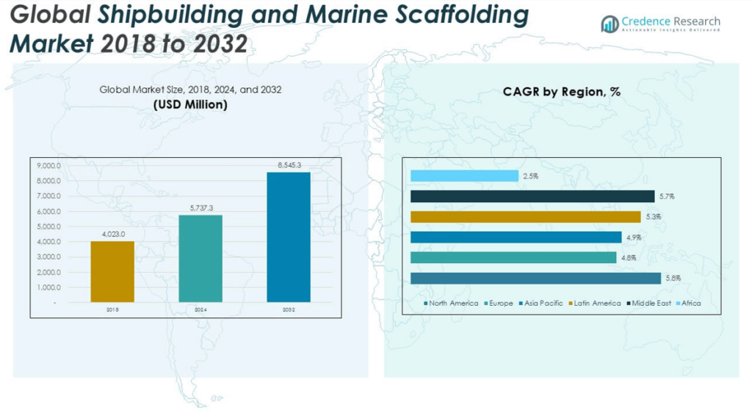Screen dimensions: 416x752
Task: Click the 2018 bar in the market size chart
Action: (x=112, y=271)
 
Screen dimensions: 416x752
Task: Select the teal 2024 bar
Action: (x=200, y=258)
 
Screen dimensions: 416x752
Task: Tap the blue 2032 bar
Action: (x=289, y=237)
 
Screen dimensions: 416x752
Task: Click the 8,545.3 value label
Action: (x=289, y=166)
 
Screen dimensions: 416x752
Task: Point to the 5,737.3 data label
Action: (x=200, y=209)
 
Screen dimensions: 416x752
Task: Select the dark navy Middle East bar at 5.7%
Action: (x=532, y=196)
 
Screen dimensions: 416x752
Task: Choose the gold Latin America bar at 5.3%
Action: (x=525, y=217)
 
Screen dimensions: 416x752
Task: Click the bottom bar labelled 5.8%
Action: (x=535, y=278)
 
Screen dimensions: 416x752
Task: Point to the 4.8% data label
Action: (x=629, y=258)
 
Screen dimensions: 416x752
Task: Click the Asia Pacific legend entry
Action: (x=543, y=303)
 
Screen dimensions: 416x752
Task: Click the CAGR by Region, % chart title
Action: (x=561, y=92)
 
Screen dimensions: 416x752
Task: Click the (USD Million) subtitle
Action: (x=190, y=104)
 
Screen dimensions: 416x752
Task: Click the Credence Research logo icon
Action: (x=610, y=24)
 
